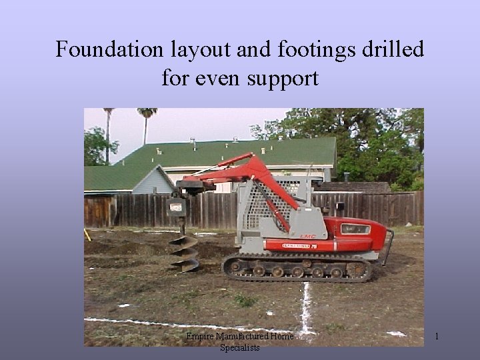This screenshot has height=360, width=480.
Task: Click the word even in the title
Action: click(218, 79)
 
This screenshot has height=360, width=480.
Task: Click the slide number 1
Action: click(437, 337)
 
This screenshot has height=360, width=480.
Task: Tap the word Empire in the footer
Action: click(200, 337)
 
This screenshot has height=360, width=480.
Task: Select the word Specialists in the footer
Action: click(240, 347)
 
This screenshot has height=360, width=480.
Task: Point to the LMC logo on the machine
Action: click(307, 235)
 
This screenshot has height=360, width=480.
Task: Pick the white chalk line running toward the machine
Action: click(306, 307)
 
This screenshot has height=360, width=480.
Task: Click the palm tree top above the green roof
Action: click(147, 113)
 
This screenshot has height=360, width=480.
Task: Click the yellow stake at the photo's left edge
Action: click(87, 234)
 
